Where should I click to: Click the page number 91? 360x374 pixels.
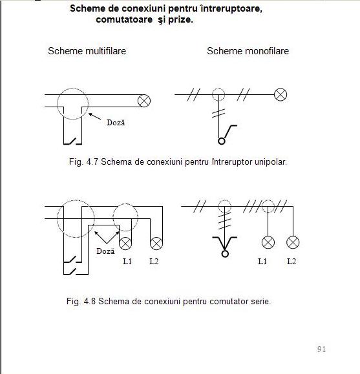pyautogui.click(x=321, y=349)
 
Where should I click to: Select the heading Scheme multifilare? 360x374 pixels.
pyautogui.click(x=87, y=51)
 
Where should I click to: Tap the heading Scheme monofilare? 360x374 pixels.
pyautogui.click(x=248, y=51)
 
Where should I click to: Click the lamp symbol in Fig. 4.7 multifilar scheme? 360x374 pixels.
pyautogui.click(x=144, y=101)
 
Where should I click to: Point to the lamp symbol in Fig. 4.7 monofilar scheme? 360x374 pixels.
pyautogui.click(x=281, y=95)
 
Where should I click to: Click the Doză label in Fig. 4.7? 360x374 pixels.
pyautogui.click(x=116, y=122)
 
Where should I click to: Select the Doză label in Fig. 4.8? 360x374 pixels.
pyautogui.click(x=105, y=251)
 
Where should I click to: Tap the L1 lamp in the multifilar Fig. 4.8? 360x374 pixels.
pyautogui.click(x=125, y=244)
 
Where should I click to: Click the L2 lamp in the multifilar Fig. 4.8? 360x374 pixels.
pyautogui.click(x=156, y=244)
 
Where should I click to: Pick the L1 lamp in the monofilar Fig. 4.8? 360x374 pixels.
pyautogui.click(x=268, y=242)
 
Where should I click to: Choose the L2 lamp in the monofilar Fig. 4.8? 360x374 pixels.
pyautogui.click(x=293, y=242)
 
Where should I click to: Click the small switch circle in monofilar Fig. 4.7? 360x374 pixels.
pyautogui.click(x=222, y=141)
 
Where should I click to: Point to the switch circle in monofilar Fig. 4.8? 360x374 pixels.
pyautogui.click(x=225, y=254)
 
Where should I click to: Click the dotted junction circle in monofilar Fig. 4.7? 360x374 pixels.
pyautogui.click(x=218, y=88)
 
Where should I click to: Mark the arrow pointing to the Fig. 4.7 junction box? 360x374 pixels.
pyautogui.click(x=95, y=116)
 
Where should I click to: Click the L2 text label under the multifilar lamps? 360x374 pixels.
pyautogui.click(x=154, y=262)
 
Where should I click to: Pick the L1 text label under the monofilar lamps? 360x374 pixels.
pyautogui.click(x=262, y=262)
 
